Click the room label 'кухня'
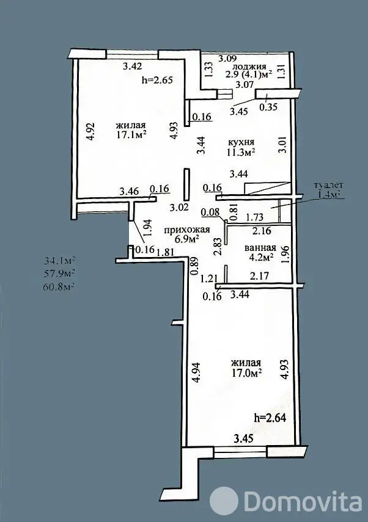click(x=241, y=142)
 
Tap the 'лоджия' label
click(x=249, y=67)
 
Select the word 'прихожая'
click(x=187, y=230)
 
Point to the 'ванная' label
click(x=260, y=248)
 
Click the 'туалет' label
click(x=329, y=185)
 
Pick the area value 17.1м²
click(x=131, y=134)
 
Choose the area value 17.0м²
click(x=246, y=372)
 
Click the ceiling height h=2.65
click(x=157, y=80)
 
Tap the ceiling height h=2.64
click(x=270, y=418)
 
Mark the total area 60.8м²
click(x=59, y=286)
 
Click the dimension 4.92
click(x=92, y=132)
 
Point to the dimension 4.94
click(x=197, y=373)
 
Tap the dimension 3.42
click(x=132, y=66)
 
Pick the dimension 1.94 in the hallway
click(x=149, y=228)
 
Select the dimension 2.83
click(x=218, y=247)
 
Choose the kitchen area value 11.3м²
click(x=241, y=153)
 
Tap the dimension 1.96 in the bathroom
click(x=285, y=255)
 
